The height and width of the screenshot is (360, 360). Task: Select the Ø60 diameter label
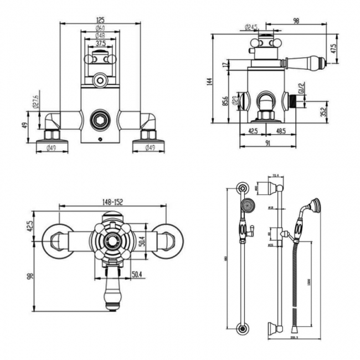(100, 28)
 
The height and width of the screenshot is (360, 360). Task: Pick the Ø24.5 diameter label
(252, 27)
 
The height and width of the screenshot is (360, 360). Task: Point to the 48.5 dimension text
(282, 132)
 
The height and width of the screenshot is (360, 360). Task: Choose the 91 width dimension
(267, 143)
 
